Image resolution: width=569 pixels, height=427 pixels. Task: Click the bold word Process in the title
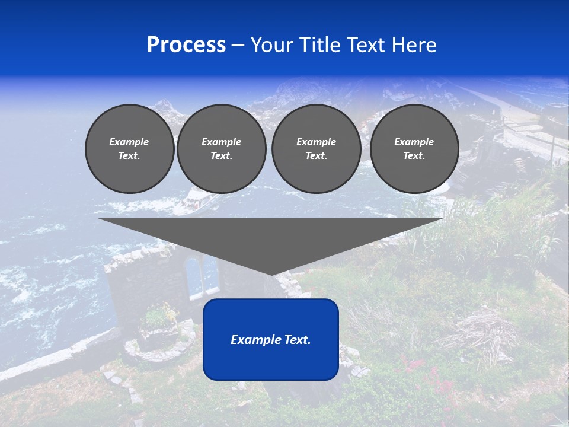(186, 45)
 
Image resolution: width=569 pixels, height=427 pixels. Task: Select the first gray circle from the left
(129, 149)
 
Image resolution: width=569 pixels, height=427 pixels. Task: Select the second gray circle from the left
(221, 149)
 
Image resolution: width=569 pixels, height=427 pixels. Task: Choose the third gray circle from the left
(316, 149)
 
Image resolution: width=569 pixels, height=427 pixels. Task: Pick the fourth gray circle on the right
(414, 149)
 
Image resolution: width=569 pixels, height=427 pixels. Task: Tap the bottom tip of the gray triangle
(271, 273)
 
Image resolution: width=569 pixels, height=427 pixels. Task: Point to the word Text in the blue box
(296, 340)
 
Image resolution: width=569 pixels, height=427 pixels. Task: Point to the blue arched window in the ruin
(194, 274)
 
